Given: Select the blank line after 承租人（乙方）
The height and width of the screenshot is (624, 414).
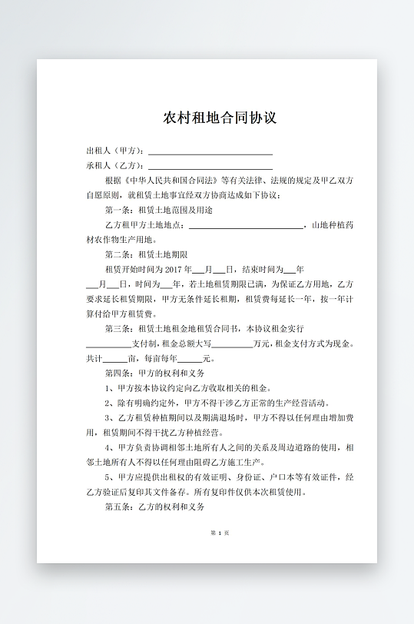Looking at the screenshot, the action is [210, 168].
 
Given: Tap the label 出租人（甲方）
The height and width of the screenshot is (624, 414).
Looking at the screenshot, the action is [114, 151].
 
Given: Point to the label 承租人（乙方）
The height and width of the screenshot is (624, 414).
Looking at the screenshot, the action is [114, 165].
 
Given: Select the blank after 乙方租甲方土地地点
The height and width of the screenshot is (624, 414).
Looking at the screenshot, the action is [246, 227].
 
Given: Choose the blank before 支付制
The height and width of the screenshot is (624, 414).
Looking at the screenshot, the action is [108, 346].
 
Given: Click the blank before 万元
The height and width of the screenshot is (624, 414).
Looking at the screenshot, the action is [232, 346].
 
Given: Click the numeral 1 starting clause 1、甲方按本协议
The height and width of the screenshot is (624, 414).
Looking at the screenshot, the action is [108, 388].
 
